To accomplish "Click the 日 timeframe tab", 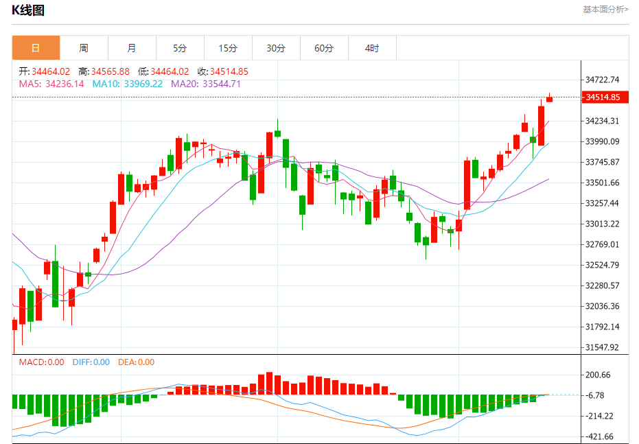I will click(36, 48).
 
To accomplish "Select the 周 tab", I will click(84, 48).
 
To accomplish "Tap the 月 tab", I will click(132, 48).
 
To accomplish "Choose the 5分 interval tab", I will click(180, 48).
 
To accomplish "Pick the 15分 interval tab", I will click(228, 48).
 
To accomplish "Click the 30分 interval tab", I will click(276, 48).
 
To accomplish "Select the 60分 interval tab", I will click(324, 48).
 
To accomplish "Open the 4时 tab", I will click(372, 48).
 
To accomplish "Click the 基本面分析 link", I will click(605, 10).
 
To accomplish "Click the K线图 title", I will click(28, 10).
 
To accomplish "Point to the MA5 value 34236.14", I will click(65, 84).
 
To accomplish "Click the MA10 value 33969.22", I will click(143, 84).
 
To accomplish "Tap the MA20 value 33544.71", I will click(221, 84).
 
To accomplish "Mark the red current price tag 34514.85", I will click(603, 97).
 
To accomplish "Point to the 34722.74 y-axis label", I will click(603, 80).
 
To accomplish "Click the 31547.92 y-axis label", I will click(603, 347).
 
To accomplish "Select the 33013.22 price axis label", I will click(603, 224).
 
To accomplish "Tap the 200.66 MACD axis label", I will click(598, 375).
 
